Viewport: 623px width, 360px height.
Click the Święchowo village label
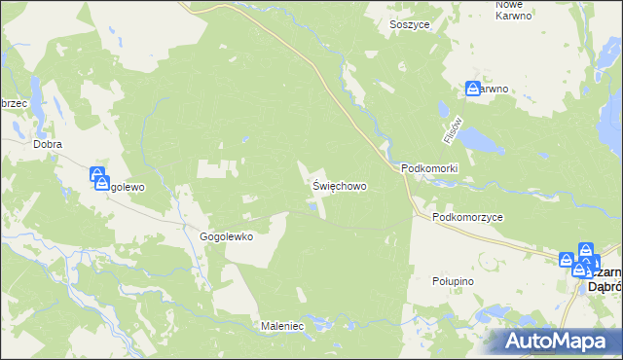[x=339, y=184]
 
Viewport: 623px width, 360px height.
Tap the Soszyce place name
[x=410, y=23]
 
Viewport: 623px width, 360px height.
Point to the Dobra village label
[x=48, y=144]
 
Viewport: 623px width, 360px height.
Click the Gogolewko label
[x=227, y=236]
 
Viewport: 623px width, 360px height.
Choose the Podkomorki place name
[x=429, y=168]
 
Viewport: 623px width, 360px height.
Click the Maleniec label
[x=284, y=326]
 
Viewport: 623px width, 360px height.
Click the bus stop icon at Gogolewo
[x=99, y=177]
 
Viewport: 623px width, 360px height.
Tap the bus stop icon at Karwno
[x=473, y=89]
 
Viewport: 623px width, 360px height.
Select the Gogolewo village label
[x=127, y=187]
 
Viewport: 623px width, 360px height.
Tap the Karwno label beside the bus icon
[x=495, y=90]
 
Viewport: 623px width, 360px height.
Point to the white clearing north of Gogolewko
[x=216, y=168]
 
